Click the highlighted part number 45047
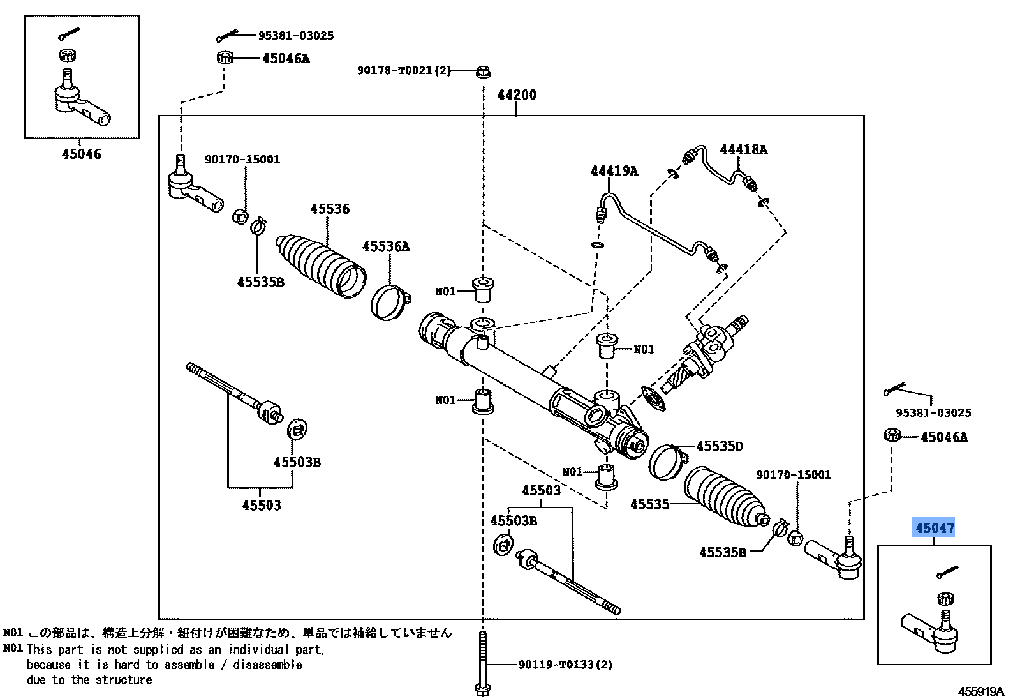click(935, 528)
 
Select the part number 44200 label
click(517, 95)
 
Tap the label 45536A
click(386, 246)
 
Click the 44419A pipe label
click(614, 171)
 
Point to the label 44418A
click(743, 149)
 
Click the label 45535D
click(719, 446)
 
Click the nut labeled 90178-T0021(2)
click(483, 70)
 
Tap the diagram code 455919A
click(980, 691)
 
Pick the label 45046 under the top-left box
click(81, 154)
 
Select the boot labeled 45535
click(724, 498)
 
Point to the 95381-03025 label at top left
click(295, 36)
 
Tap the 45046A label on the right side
click(943, 437)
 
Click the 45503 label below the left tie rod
click(261, 506)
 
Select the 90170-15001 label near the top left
click(242, 160)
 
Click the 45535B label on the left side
click(260, 282)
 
